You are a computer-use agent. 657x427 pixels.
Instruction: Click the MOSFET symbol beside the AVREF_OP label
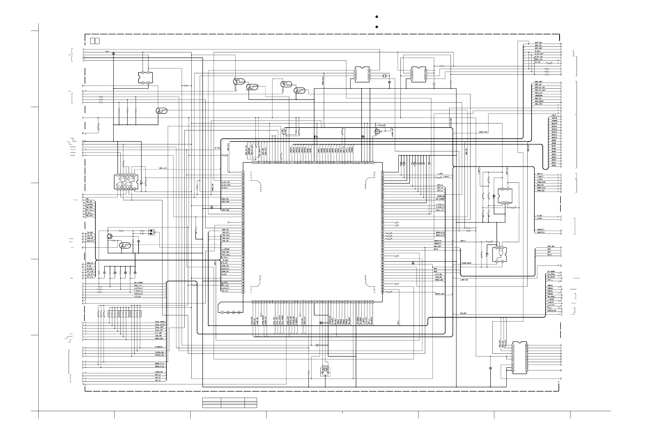click(377, 132)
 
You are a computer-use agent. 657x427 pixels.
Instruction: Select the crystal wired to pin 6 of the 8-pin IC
click(384, 76)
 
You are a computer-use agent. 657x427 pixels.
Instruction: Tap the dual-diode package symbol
click(152, 232)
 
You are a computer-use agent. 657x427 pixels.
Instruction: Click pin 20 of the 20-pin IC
click(526, 345)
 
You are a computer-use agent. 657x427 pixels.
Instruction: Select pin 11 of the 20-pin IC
click(526, 370)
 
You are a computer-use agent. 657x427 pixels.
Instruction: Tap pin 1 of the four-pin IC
click(148, 72)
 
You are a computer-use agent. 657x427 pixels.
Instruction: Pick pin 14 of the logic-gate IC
click(135, 189)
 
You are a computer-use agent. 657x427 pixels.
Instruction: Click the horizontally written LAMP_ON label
click(464, 280)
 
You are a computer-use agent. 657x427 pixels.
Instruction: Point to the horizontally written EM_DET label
click(463, 313)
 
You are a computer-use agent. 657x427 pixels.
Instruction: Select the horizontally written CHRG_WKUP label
click(466, 263)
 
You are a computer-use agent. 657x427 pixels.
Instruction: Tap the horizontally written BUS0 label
click(554, 165)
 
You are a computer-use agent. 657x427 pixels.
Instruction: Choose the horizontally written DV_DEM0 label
click(551, 271)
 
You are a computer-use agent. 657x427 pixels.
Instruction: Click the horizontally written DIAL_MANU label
click(160, 322)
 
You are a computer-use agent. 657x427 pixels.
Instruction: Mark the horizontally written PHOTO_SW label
click(159, 355)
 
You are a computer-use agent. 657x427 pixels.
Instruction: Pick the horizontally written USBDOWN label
click(539, 96)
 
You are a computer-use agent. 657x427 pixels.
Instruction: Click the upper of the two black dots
click(377, 17)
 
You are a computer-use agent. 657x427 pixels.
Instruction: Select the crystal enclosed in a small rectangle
click(325, 370)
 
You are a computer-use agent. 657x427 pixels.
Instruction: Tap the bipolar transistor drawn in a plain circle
click(110, 236)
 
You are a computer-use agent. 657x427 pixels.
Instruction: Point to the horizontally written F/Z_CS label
click(138, 297)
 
